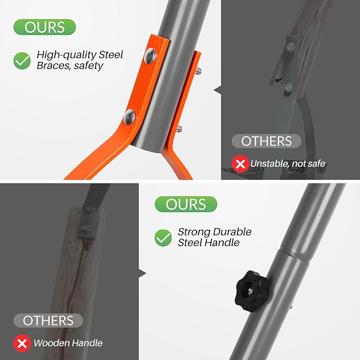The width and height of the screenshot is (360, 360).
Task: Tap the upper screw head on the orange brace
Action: [x=150, y=56]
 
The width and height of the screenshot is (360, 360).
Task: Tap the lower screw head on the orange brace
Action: [x=129, y=117]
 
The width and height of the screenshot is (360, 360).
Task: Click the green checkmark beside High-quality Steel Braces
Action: [x=22, y=60]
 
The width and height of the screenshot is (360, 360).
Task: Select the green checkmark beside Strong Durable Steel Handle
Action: [x=163, y=238]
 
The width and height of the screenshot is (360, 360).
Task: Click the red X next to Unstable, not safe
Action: [x=240, y=164]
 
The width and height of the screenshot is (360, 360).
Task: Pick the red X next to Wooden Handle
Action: [x=22, y=343]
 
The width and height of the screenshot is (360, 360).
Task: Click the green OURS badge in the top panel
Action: [x=45, y=27]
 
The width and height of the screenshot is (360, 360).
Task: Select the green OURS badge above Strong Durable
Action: [x=186, y=204]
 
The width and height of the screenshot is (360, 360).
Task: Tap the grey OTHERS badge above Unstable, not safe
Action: [x=266, y=141]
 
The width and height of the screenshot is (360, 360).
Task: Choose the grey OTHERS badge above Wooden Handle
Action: [x=48, y=320]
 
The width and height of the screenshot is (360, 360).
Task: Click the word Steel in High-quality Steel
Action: [x=111, y=55]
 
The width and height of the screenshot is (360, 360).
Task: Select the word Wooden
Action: [x=51, y=343]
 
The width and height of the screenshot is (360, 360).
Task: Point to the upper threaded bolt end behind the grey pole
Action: [x=198, y=71]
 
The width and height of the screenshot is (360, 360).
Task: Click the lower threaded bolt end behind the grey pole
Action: [x=179, y=129]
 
